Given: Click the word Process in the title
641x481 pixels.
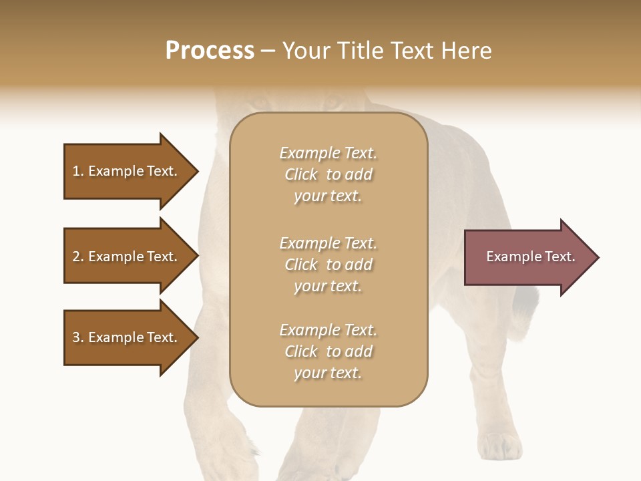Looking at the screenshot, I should tap(210, 51).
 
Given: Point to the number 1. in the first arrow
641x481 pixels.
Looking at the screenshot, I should tap(78, 171).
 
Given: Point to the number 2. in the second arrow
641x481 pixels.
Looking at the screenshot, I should tap(78, 257).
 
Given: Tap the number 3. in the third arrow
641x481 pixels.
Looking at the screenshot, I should tap(78, 337).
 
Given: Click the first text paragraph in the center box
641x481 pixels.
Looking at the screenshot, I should tap(328, 174).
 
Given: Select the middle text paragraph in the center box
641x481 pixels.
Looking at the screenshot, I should tap(328, 265).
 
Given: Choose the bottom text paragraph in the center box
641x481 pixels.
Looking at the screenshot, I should tap(328, 351).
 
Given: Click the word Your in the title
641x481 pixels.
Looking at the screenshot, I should tap(306, 51).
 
